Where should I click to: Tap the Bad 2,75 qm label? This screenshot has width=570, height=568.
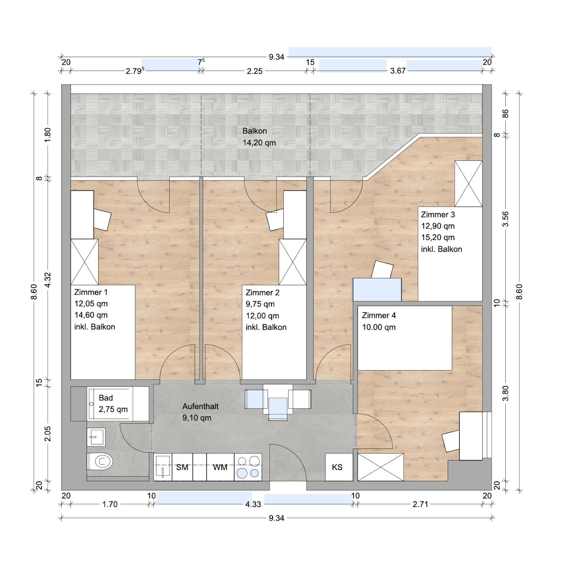click(113, 403)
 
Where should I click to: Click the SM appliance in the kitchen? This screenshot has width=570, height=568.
click(182, 467)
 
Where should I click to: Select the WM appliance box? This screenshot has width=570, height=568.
click(220, 467)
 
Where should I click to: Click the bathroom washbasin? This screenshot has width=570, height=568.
click(96, 437)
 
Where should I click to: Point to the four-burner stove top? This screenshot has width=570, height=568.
click(248, 467)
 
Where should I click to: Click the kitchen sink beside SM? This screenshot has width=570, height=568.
click(163, 467)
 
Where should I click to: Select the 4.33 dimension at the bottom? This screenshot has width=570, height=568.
click(253, 504)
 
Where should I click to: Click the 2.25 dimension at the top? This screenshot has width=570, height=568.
click(255, 71)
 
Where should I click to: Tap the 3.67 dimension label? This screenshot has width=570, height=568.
click(398, 71)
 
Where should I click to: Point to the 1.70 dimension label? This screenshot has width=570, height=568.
click(110, 504)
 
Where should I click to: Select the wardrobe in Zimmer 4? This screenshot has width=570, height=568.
click(380, 467)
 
